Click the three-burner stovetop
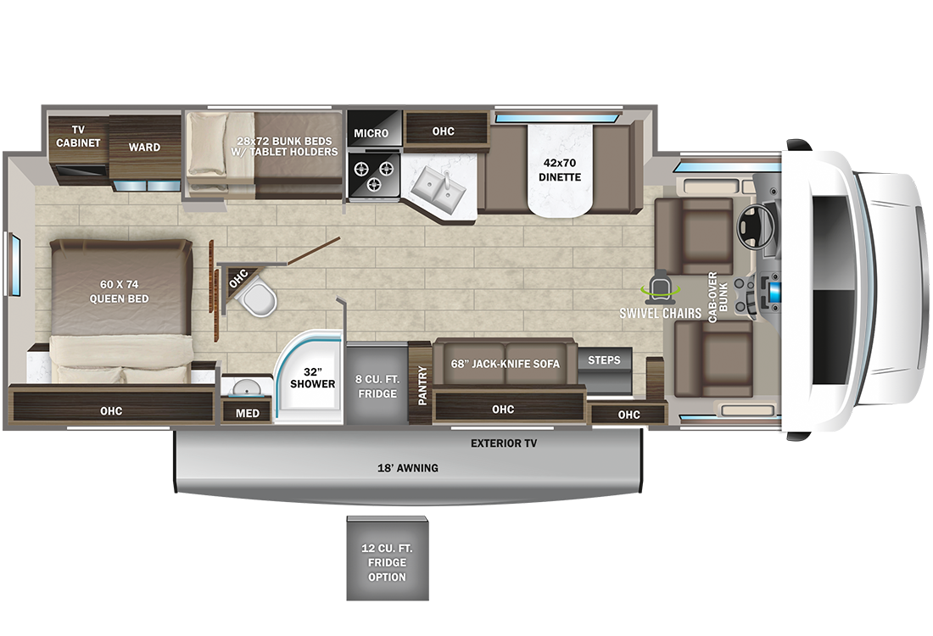374,174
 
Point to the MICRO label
372,133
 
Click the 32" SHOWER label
312,378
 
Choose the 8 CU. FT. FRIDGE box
377,384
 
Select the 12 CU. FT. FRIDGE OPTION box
388,558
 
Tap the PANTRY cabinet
421,384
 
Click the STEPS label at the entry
604,360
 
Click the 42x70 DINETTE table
560,170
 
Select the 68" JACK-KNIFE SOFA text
506,364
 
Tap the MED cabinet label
248,413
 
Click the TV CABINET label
78,137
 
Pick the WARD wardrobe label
144,147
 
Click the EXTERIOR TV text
503,444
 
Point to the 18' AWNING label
408,468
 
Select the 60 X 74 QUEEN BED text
119,292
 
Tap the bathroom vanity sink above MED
247,387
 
